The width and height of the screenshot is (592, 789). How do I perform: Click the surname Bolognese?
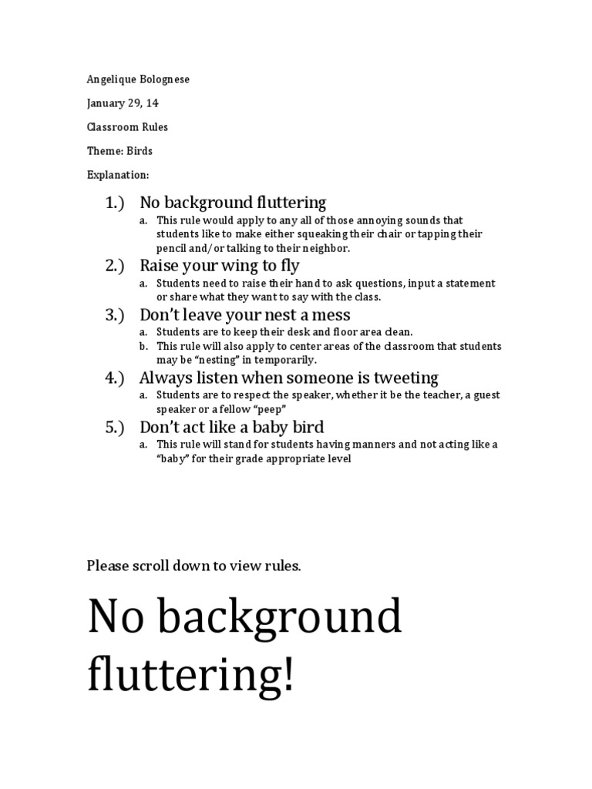(161, 79)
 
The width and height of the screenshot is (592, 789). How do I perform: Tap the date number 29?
(136, 103)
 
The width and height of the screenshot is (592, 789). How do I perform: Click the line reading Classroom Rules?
(127, 127)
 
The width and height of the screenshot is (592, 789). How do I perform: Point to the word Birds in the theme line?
(140, 151)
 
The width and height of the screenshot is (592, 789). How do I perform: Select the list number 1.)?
(115, 203)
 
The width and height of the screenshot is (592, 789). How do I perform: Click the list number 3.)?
(115, 314)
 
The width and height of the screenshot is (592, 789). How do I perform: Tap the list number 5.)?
(115, 427)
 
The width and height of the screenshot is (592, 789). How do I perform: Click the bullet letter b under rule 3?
(143, 347)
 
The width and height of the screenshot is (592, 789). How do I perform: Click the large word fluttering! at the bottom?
(190, 675)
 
